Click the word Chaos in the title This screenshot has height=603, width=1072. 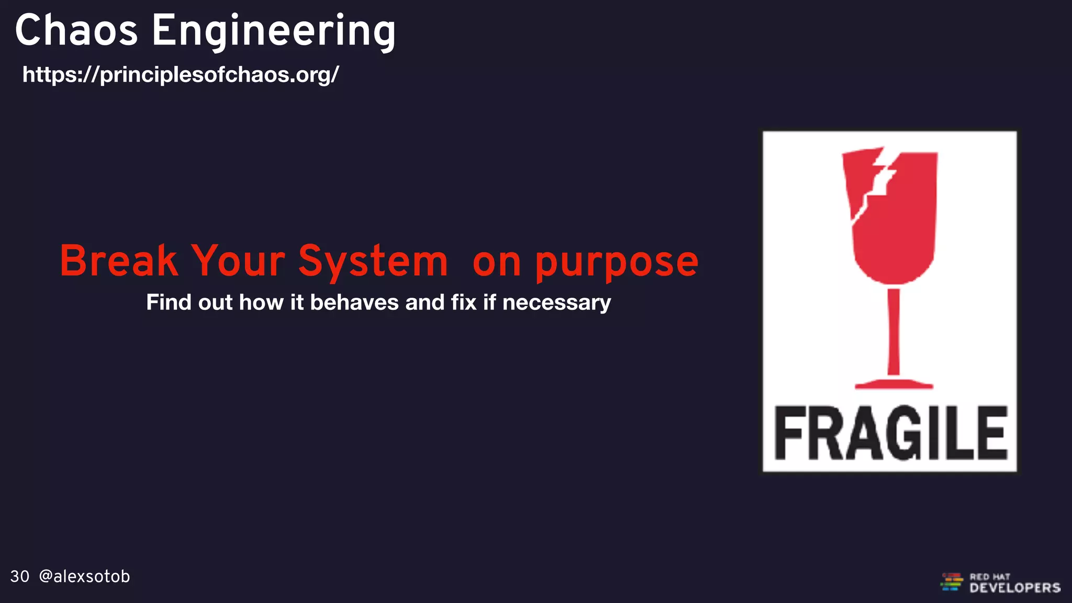pyautogui.click(x=76, y=30)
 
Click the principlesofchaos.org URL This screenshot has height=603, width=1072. pyautogui.click(x=181, y=74)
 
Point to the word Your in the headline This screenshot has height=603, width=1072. pyautogui.click(x=238, y=261)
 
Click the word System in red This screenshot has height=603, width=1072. pyautogui.click(x=373, y=261)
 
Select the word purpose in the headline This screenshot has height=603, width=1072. pyautogui.click(x=617, y=263)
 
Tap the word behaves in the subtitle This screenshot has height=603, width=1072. pyautogui.click(x=354, y=302)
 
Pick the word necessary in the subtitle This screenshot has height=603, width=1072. pyautogui.click(x=556, y=303)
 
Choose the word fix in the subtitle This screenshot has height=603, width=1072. pyautogui.click(x=464, y=302)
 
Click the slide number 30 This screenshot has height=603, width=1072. pyautogui.click(x=20, y=576)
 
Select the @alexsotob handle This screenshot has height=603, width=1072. pyautogui.click(x=84, y=576)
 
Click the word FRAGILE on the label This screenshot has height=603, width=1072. pyautogui.click(x=890, y=433)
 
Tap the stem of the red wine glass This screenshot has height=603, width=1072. pyautogui.click(x=894, y=330)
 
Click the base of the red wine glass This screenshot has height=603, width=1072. pyautogui.click(x=894, y=384)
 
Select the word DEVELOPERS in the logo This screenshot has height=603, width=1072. pyautogui.click(x=1015, y=588)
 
